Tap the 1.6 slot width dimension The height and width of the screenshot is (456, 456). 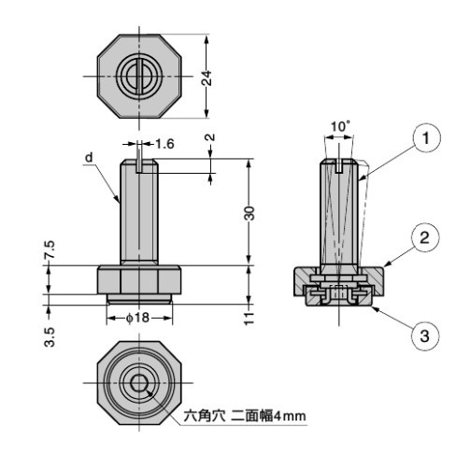(164, 143)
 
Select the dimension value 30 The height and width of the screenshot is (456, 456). (249, 212)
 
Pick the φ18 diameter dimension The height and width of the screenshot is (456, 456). (139, 318)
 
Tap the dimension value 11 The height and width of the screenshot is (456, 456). (249, 318)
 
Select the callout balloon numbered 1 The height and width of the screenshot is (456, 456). (425, 139)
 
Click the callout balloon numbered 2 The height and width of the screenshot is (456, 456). (425, 236)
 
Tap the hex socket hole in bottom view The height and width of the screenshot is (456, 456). (138, 383)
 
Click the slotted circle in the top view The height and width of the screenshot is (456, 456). (138, 76)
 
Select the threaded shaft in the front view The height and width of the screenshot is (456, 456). (138, 215)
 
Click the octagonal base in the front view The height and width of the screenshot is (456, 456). (138, 279)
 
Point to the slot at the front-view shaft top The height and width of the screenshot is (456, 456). (138, 165)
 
